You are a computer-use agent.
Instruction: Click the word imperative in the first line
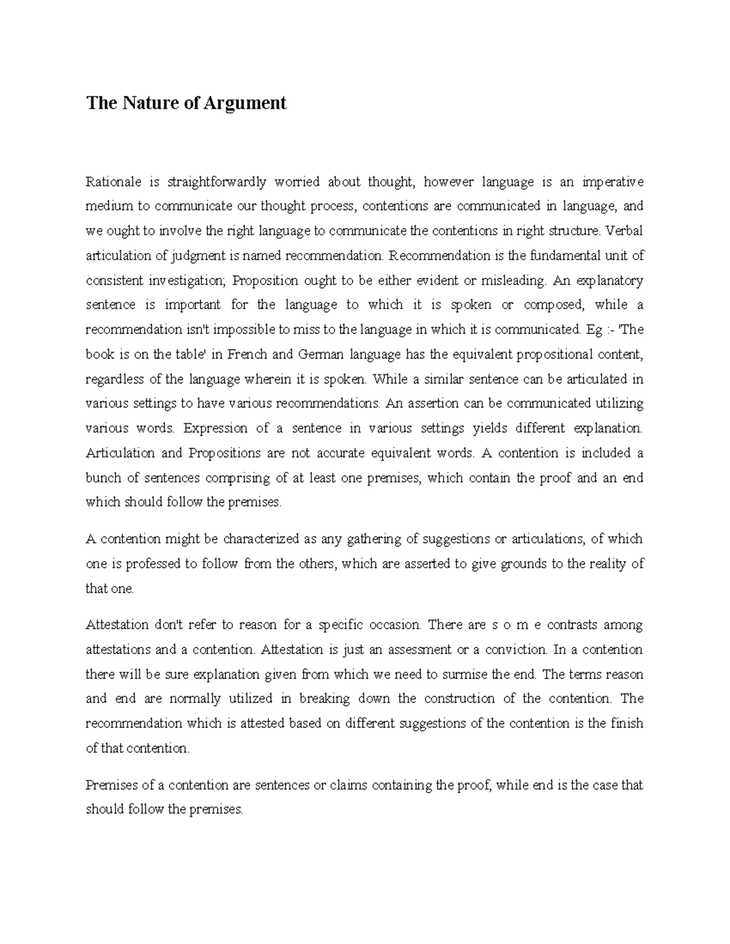(x=612, y=182)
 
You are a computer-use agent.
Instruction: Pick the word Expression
(x=215, y=429)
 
